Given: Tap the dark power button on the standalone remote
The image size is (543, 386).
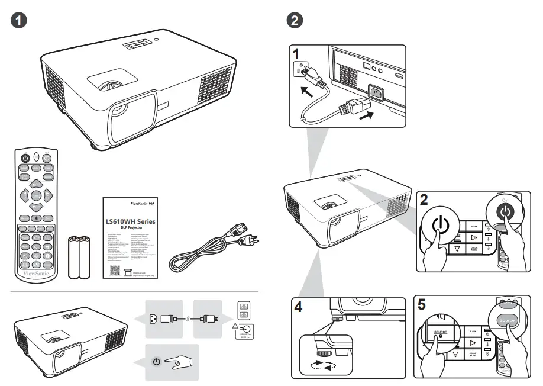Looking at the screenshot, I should point(25,158).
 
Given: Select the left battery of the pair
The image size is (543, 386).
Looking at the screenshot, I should point(74,257).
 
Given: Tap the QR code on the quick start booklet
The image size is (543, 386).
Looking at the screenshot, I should point(117,270).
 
